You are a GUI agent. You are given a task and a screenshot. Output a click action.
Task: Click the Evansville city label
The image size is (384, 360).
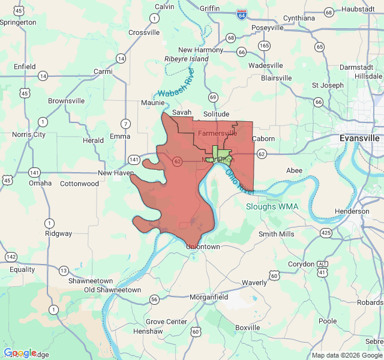359,138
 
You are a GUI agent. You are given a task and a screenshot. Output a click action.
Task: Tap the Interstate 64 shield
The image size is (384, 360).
242,14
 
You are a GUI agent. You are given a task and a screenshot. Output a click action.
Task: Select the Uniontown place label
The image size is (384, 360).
203,247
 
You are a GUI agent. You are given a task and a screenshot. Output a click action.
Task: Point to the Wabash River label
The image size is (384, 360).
176,83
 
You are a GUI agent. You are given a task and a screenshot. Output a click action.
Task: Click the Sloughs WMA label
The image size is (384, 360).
272,207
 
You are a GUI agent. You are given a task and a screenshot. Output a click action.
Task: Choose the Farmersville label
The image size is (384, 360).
217,133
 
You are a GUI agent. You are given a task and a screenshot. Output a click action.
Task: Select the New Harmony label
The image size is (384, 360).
200,50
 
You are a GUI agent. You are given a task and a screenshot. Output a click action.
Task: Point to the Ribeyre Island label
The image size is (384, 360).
187,59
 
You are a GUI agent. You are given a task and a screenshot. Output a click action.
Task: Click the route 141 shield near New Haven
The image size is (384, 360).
134,160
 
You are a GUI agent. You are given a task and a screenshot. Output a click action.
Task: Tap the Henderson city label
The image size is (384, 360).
352,211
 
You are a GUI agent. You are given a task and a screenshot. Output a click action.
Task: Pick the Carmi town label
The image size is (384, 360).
103,71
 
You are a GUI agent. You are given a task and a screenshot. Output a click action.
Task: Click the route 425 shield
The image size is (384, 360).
326,233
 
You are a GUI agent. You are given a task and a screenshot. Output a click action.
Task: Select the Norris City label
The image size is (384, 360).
29,134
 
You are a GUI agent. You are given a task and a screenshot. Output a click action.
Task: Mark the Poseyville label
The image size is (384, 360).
268,28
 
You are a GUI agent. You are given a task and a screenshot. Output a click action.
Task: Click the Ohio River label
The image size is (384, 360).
239,179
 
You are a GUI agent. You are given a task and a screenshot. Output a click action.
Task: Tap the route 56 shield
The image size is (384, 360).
154,299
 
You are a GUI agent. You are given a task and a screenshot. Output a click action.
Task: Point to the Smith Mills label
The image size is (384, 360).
277,234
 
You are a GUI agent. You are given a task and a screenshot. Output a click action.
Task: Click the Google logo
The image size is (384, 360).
20,353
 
